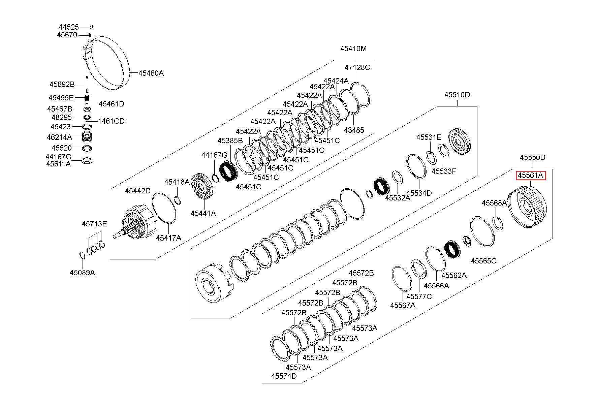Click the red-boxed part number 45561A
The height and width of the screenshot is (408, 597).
[x=531, y=175]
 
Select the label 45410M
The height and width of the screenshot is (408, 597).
[x=353, y=49]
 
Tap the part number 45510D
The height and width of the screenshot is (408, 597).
[x=457, y=95]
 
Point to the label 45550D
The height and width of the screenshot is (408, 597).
[x=532, y=157]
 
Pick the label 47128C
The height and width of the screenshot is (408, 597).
[x=357, y=67]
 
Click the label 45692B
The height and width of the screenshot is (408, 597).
[x=62, y=84]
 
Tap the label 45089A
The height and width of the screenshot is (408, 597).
[x=83, y=273]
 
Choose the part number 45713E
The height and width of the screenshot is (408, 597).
[x=94, y=224]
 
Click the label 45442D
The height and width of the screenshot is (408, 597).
[x=138, y=191]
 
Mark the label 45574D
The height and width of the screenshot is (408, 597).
[x=284, y=376]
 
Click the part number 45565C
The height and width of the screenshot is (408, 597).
[x=483, y=261]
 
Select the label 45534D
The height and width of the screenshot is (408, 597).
[x=419, y=193]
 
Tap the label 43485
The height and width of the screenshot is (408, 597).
[x=354, y=130]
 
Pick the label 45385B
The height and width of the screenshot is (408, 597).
[x=230, y=140]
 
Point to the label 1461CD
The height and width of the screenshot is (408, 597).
[x=111, y=121]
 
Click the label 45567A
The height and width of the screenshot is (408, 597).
[x=403, y=305]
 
